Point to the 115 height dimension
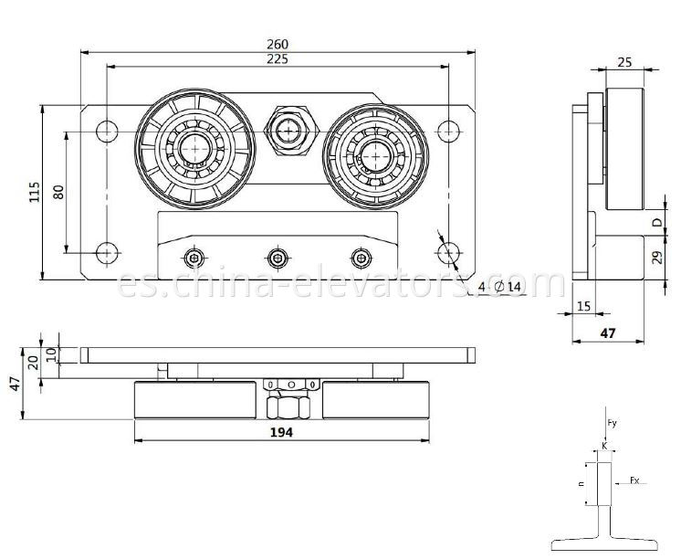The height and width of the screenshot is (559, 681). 35,192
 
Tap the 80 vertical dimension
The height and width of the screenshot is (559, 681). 58,192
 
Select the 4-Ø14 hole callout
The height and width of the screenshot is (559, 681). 499,287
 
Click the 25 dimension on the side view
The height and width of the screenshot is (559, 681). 623,62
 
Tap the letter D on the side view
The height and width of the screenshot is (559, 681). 655,222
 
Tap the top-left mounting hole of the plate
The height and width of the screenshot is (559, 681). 107,130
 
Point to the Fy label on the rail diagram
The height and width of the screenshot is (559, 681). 613,421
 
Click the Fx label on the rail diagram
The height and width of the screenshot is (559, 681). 634,478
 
